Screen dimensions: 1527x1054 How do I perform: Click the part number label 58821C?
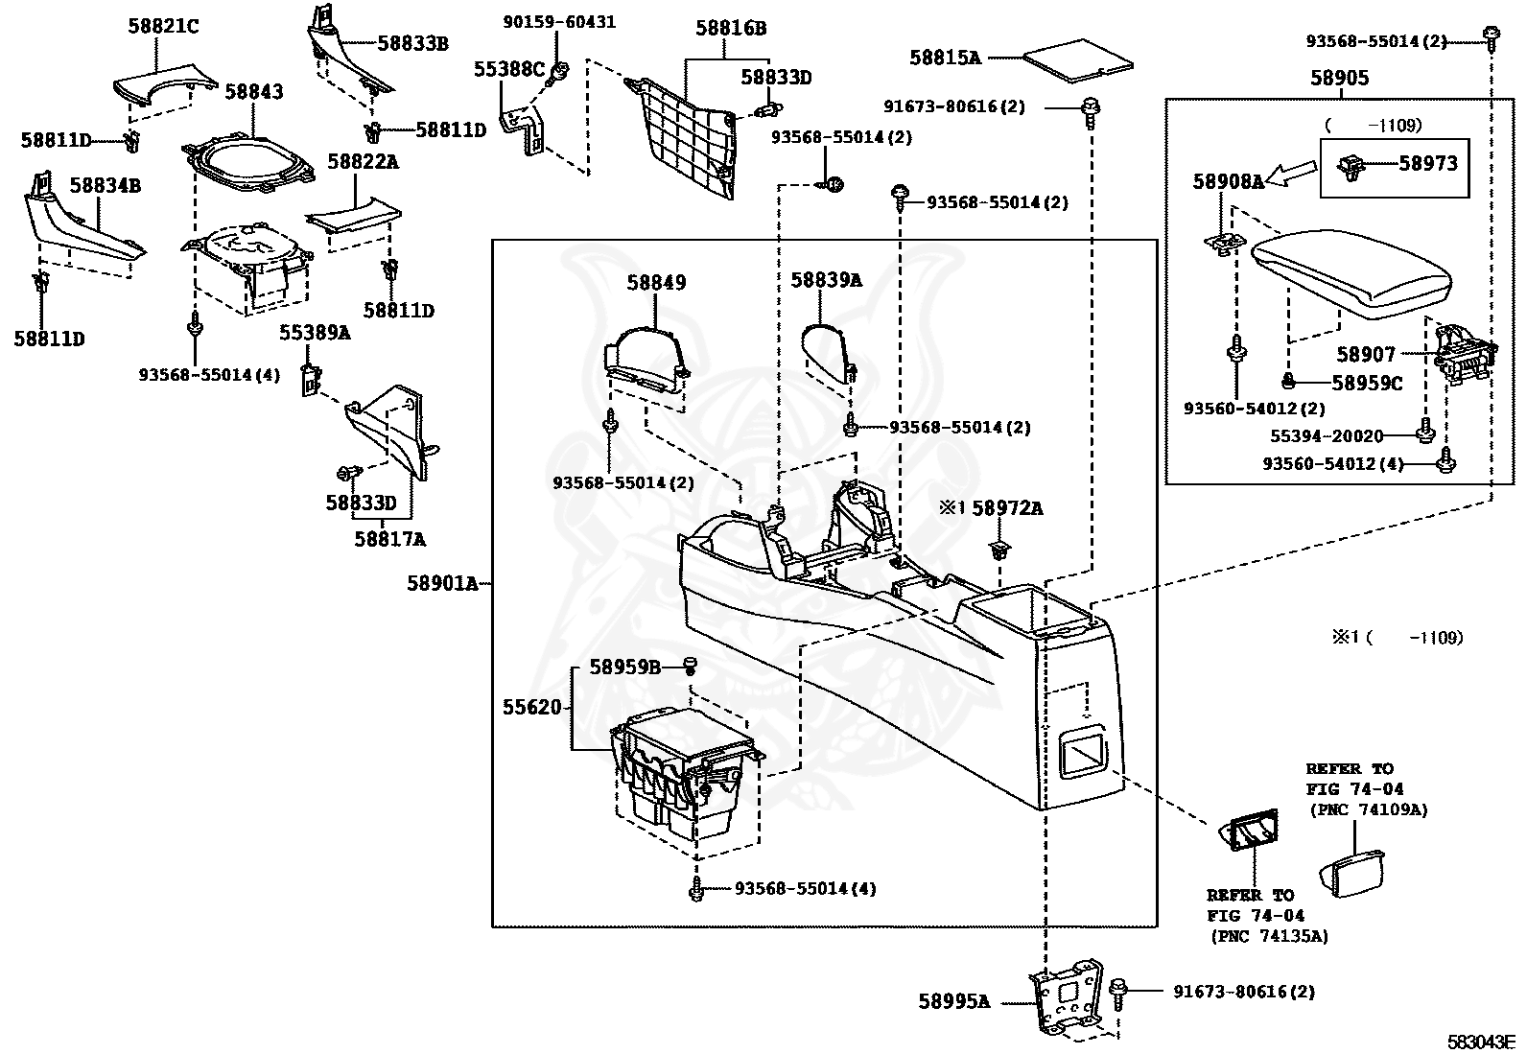tap(164, 27)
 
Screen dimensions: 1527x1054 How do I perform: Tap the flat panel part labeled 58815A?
tap(1078, 61)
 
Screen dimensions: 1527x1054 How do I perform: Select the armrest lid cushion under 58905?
tap(1351, 272)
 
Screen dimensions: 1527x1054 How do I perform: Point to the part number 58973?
tap(1428, 163)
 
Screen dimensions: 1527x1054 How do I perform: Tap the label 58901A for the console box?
tap(442, 584)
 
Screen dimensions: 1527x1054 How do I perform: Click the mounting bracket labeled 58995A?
tap(1067, 996)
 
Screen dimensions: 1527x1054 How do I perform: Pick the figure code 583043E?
tap(1481, 1042)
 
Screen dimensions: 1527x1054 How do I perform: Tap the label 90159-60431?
tap(559, 22)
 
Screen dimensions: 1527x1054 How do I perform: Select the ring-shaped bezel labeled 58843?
tap(248, 161)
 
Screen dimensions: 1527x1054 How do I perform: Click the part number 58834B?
tap(105, 185)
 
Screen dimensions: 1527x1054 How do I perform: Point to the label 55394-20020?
tap(1327, 435)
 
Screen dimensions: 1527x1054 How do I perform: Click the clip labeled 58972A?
tap(998, 550)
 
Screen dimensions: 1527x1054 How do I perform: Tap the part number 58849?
tap(656, 282)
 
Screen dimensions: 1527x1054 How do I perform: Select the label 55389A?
tap(315, 333)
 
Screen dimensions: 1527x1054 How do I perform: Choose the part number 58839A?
tap(826, 280)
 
